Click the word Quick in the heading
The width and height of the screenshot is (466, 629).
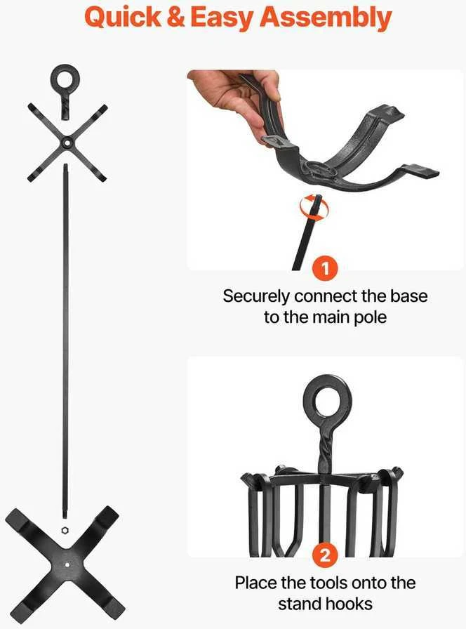point(123,18)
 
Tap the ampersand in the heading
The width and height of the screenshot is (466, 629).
point(175,18)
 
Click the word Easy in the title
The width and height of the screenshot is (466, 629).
point(222,18)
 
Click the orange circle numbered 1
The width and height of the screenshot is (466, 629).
point(325,267)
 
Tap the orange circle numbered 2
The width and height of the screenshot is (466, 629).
point(325,555)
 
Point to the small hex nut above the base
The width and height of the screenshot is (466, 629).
point(65,530)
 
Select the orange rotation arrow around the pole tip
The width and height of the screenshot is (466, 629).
point(314,208)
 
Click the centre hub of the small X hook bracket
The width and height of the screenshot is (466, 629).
point(67,143)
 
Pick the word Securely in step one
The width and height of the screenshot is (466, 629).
point(256,296)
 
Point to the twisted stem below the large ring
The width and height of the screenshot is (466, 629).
point(324,449)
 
